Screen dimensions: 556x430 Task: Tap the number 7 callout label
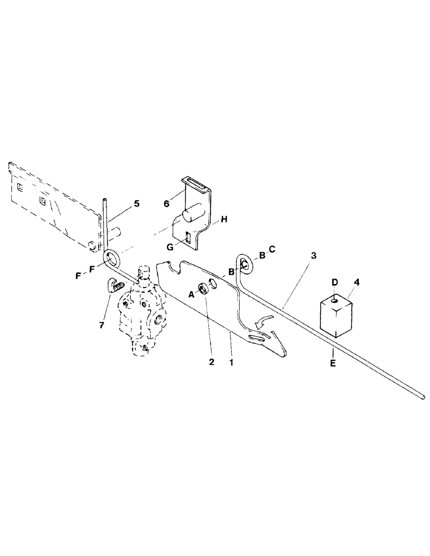coord(101,324)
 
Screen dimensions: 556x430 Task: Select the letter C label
coord(272,249)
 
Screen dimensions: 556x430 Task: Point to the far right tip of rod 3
coord(422,396)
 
